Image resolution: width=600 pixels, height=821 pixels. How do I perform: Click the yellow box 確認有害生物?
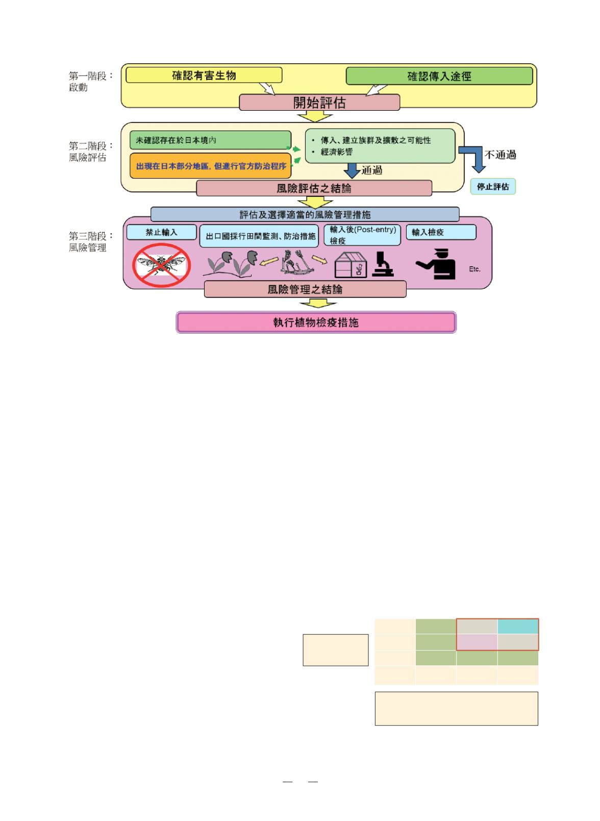point(204,76)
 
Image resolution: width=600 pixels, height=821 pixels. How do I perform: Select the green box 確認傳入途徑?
point(439,77)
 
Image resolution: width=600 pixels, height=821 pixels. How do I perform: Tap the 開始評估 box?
point(319,103)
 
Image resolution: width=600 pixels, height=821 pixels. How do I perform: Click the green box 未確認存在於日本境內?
point(210,140)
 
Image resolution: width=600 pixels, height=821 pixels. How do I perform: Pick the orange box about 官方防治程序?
point(210,166)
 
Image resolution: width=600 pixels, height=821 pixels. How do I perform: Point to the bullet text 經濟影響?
point(337,152)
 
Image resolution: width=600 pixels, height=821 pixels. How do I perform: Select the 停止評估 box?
point(492,187)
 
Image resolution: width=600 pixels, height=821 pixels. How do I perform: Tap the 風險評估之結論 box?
point(314,188)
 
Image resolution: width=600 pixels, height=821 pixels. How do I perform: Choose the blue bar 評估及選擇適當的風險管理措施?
point(305,214)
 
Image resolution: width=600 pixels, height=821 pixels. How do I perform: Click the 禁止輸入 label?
point(161,233)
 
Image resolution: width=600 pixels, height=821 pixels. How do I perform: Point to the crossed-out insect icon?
point(161,265)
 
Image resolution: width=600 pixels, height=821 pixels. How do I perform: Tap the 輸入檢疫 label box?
point(441,233)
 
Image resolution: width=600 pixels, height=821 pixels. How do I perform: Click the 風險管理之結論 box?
point(305,289)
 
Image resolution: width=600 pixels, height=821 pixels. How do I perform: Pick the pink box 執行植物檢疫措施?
point(316,322)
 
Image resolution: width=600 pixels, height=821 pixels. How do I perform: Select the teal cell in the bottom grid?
point(518,627)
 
